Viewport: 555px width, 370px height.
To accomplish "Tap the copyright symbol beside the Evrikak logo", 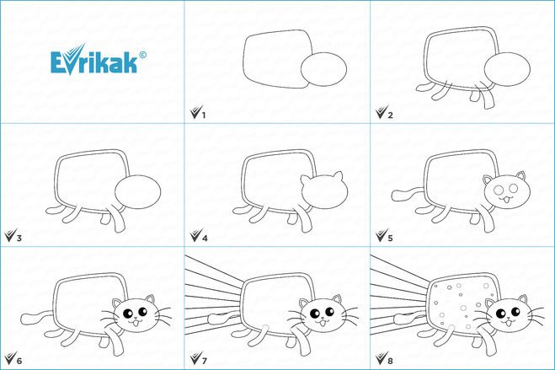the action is pos(142,55).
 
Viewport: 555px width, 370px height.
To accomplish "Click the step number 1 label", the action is pos(204,115).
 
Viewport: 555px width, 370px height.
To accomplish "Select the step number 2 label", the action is pos(390,115).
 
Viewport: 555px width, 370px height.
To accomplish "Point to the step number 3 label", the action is pos(19,238).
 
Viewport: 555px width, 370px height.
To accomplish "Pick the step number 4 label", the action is pos(205,238).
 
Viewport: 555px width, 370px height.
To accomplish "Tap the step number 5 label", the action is pos(390,238).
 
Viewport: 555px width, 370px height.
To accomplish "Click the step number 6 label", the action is pos(19,361).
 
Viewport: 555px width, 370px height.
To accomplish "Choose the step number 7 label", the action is pos(205,361).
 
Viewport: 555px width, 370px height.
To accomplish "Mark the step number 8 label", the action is pos(390,361).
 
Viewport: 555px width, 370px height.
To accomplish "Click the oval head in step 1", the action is pos(323,69).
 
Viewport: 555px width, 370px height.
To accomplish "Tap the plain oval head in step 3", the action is pos(137,191).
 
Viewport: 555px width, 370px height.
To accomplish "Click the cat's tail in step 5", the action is pos(407,195).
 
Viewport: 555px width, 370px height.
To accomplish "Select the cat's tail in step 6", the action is pos(37,317).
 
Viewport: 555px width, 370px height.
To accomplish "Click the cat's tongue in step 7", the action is pos(323,324).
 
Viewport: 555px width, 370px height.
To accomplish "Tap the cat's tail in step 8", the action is pos(411,319).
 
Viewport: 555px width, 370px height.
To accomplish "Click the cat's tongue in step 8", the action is pos(509,324).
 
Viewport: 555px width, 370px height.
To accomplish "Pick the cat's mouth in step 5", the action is pos(506,200).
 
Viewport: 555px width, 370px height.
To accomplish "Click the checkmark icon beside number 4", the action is pos(195,235).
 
